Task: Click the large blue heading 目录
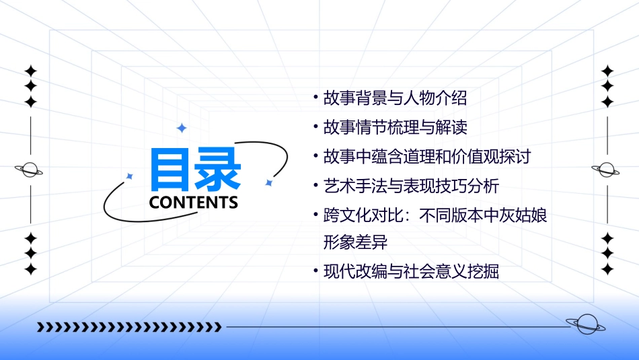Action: (195, 169)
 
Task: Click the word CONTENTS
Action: (194, 203)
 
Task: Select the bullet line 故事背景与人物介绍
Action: (395, 98)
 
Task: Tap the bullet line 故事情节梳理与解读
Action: (395, 127)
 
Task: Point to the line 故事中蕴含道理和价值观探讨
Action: (427, 157)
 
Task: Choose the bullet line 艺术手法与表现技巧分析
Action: (411, 186)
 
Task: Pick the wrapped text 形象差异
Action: (356, 241)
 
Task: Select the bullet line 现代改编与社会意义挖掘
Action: (411, 272)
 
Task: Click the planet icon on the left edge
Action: (30, 170)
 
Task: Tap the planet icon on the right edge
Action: (607, 170)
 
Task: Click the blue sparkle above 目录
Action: (181, 128)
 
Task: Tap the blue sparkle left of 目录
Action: (130, 176)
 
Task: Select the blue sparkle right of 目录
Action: (268, 182)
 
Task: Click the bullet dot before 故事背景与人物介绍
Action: (316, 98)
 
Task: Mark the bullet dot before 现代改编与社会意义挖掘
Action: (316, 272)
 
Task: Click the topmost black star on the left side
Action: (30, 71)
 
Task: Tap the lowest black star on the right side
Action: (607, 269)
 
